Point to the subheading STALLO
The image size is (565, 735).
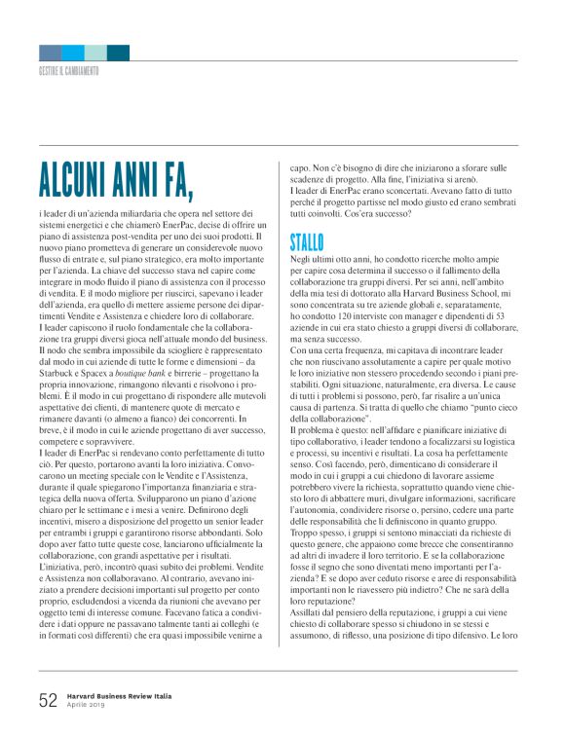(307, 242)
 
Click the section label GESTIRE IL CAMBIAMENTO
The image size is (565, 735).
(69, 71)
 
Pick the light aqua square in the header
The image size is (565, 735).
(95, 53)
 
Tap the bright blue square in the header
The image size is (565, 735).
(73, 53)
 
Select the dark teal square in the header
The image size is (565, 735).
(118, 53)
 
